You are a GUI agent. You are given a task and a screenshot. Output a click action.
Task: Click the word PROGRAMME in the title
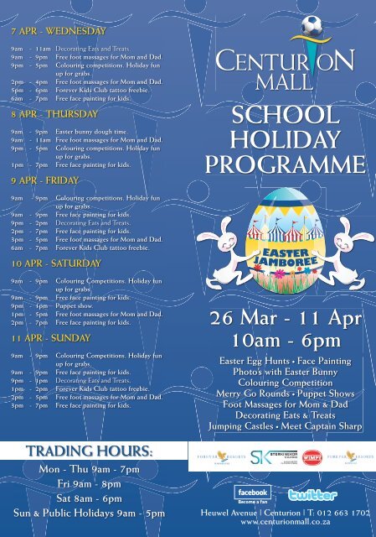(276, 162)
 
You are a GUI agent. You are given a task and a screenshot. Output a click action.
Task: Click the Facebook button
(252, 493)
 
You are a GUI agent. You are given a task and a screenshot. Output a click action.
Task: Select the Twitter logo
(312, 494)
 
